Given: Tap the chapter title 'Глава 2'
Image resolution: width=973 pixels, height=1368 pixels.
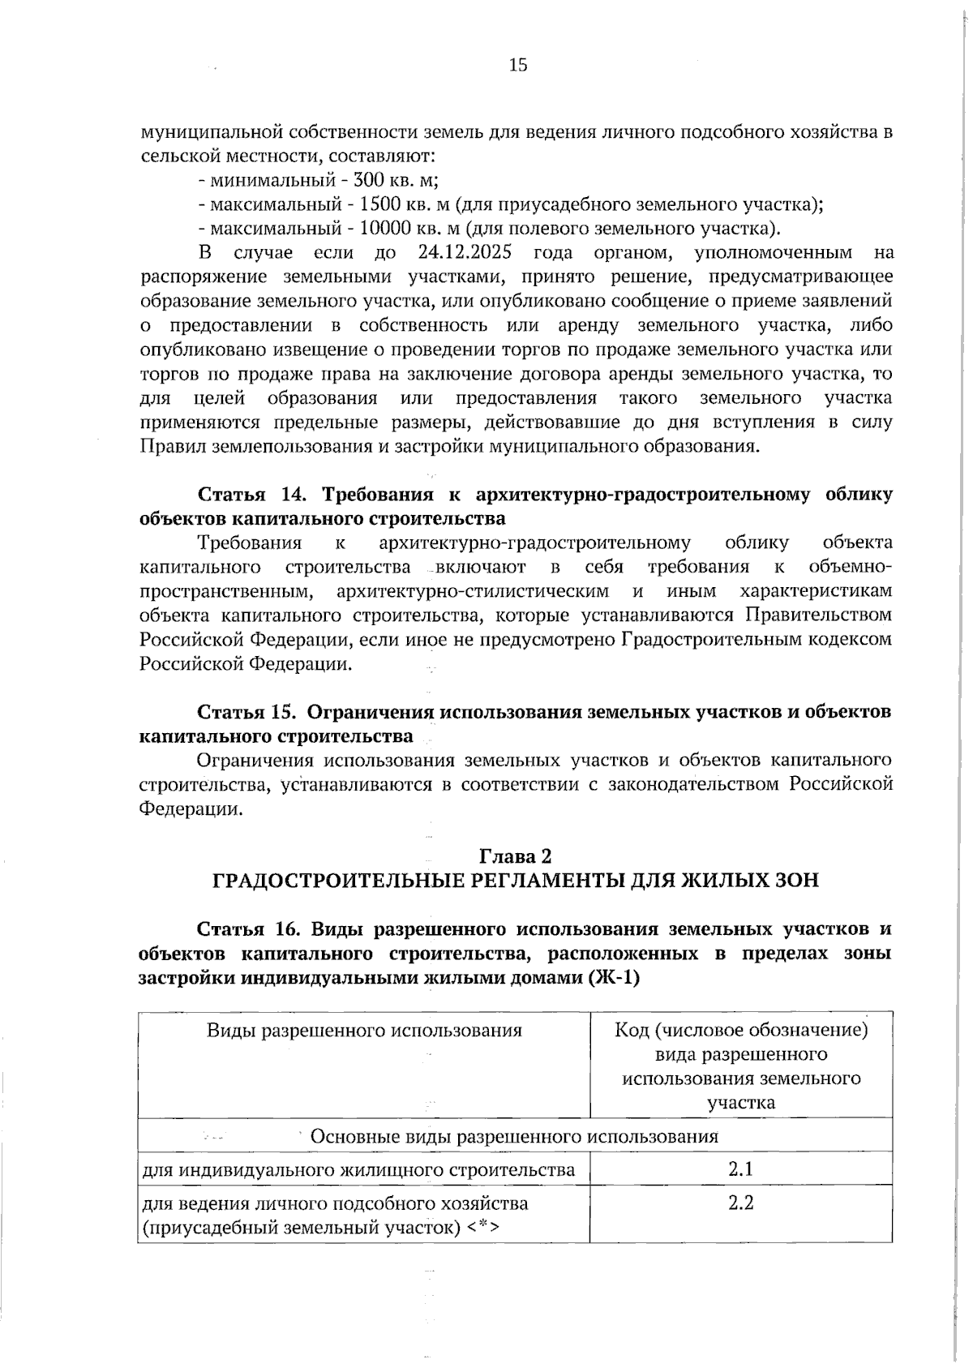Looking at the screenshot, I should click(x=516, y=856).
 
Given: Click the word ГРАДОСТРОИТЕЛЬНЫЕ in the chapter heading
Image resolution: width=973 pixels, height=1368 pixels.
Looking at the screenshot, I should click(x=339, y=881).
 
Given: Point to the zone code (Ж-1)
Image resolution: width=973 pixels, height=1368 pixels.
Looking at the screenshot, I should click(x=615, y=978).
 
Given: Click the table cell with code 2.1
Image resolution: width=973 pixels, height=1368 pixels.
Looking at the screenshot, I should click(x=740, y=1169).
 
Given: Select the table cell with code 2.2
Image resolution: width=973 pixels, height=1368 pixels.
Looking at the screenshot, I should click(x=740, y=1203).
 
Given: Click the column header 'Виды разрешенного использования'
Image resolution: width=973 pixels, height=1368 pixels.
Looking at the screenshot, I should click(x=364, y=1031).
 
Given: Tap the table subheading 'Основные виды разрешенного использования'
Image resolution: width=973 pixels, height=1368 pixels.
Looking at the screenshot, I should click(x=515, y=1136).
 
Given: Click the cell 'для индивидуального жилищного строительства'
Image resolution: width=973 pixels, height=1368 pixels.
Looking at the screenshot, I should click(x=358, y=1170).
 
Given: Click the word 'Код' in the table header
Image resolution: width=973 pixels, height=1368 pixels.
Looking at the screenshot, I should click(x=632, y=1031).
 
